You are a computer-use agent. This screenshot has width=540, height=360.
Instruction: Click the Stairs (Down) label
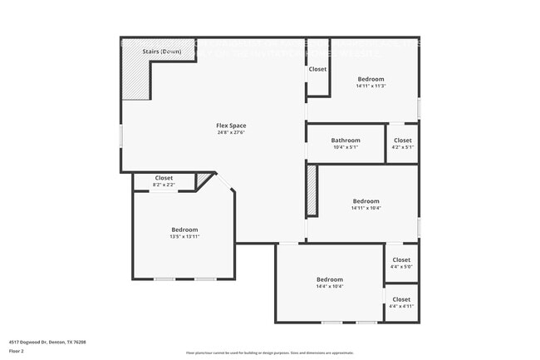point(161,52)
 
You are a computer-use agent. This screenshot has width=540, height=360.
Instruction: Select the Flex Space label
point(232,126)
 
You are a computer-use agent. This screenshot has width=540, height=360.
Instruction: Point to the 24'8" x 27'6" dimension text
point(232,132)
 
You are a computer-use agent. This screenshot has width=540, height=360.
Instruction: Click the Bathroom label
point(346,141)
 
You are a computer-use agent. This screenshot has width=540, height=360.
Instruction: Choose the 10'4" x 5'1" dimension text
point(346,147)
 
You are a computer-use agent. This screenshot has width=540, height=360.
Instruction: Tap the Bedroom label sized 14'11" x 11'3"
point(371,79)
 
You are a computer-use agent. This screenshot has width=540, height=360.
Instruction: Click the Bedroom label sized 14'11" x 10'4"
point(366,201)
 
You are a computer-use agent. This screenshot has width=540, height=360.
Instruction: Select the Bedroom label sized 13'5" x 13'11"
point(184,229)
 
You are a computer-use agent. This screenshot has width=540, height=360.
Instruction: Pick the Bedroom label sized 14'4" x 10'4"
point(329,279)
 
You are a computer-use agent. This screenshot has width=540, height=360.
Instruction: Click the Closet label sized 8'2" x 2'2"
point(164,178)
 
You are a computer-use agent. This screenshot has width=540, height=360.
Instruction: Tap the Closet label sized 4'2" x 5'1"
point(402,141)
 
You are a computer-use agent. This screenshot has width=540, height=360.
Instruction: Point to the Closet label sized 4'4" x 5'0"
point(401,260)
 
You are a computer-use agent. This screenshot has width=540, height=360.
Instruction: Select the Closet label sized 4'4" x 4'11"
point(401,299)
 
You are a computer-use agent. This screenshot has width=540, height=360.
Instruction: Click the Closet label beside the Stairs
point(317,69)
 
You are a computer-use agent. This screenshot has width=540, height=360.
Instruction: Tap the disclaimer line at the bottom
point(270,353)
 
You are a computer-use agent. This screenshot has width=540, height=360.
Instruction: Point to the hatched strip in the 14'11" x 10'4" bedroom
point(312,191)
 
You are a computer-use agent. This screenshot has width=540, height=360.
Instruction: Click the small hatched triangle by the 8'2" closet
point(204,180)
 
